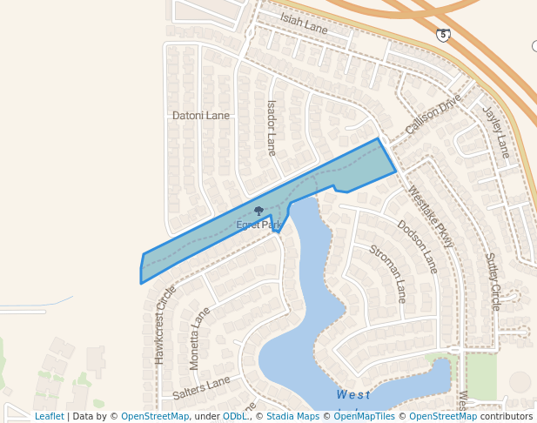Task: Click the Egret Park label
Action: point(258,225)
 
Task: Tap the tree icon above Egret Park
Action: point(258,211)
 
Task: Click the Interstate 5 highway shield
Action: point(444,35)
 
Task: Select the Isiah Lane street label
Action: point(304,23)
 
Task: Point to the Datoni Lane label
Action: point(201,115)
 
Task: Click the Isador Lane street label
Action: point(272,127)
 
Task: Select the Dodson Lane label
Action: point(418,245)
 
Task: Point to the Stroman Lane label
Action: point(388,273)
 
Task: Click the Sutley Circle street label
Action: point(493,282)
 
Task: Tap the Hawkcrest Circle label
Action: point(160,324)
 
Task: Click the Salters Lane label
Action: point(201,387)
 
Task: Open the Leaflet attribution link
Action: point(49,416)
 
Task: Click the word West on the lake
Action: point(352,395)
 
